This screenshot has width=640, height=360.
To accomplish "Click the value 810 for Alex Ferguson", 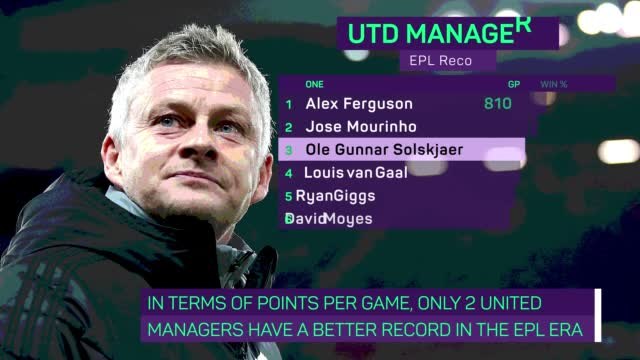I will (496, 103).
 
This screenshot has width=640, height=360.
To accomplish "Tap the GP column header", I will (514, 85).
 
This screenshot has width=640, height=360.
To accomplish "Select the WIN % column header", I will (554, 85).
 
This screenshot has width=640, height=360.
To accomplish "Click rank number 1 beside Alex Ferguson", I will (289, 104).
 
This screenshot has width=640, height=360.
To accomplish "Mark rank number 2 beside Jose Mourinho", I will (289, 128).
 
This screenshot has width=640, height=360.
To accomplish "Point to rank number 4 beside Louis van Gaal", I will (289, 172).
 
